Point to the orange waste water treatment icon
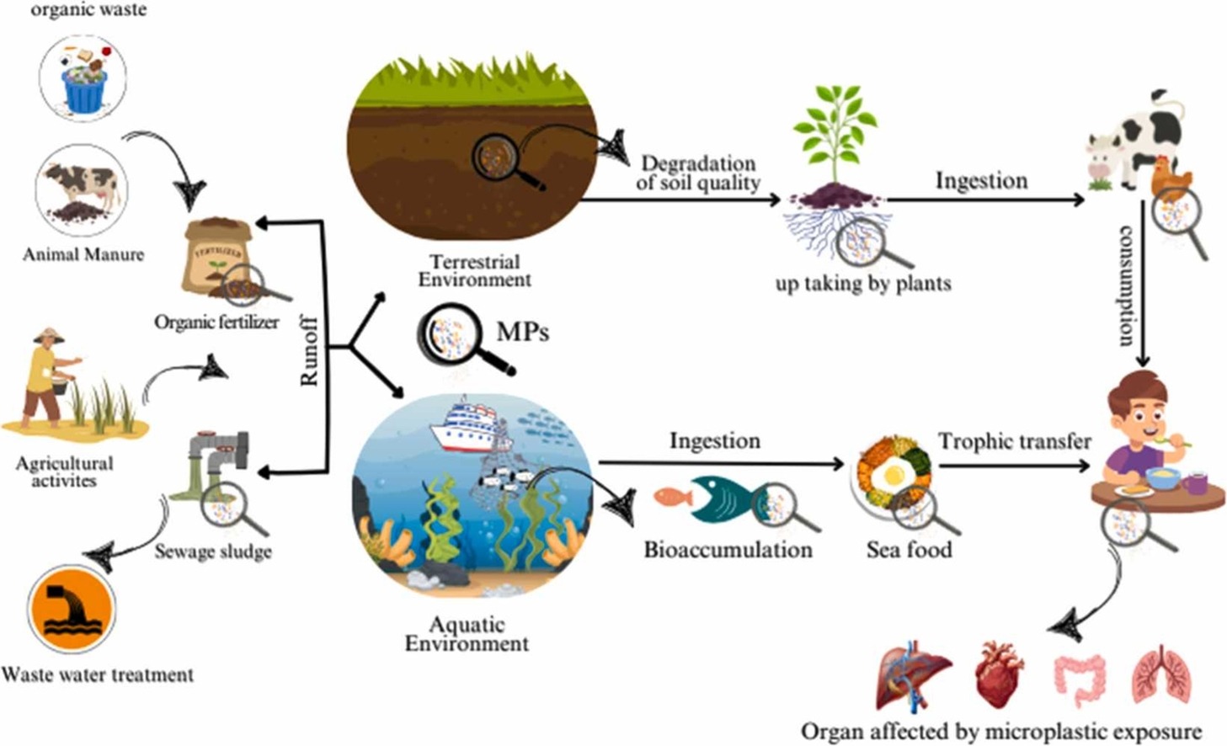click(x=71, y=609)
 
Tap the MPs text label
click(x=522, y=332)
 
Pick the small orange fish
click(x=673, y=497)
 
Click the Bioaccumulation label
click(x=728, y=550)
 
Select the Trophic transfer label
click(x=1014, y=441)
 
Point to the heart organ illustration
click(x=1000, y=674)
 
